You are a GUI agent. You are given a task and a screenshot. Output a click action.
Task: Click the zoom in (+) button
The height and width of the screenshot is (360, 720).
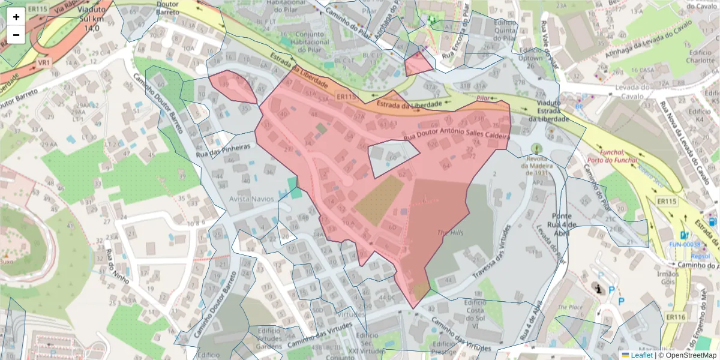click(16, 17)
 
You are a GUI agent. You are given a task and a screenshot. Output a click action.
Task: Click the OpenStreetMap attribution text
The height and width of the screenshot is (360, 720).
click(689, 355)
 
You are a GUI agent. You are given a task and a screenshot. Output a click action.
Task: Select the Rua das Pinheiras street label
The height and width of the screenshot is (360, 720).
click(223, 151)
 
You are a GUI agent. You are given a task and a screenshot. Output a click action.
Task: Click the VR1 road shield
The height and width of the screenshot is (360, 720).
click(44, 62)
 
